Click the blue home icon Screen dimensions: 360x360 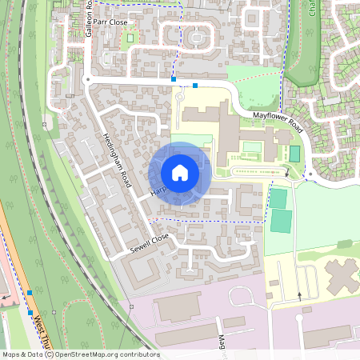180,173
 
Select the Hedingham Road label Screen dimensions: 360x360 115,160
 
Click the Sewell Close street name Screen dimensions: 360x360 150,246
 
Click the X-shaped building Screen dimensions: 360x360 342,277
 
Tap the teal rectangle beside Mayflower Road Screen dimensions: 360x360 294,153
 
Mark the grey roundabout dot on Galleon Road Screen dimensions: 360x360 86,79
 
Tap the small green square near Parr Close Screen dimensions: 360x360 130,37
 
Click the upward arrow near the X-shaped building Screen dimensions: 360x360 300,296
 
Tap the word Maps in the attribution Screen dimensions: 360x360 11,354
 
